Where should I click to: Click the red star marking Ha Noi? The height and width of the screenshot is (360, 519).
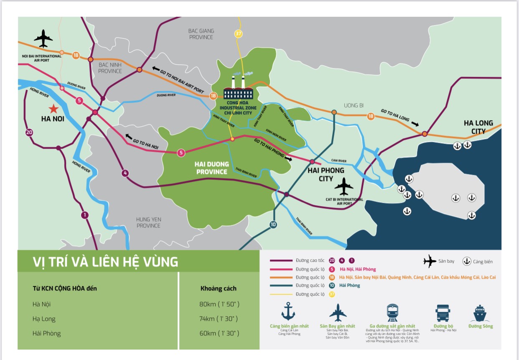pyautogui.click(x=53, y=109)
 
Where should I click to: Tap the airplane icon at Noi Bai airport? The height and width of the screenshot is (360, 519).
pyautogui.click(x=43, y=39)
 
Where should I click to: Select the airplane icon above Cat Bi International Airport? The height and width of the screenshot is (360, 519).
pyautogui.click(x=344, y=187)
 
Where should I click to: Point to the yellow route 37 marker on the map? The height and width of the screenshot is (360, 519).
pyautogui.click(x=238, y=34)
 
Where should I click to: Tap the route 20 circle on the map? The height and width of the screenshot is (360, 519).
pyautogui.click(x=29, y=133)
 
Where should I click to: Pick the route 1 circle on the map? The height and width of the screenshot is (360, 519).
pyautogui.click(x=85, y=215)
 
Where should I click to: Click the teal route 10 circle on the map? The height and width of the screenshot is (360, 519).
pyautogui.click(x=273, y=224)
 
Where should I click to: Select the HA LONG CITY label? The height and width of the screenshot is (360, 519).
pyautogui.click(x=478, y=127)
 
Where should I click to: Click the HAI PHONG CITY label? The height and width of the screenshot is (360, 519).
pyautogui.click(x=326, y=174)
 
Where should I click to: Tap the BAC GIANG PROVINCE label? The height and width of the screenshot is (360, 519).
pyautogui.click(x=201, y=34)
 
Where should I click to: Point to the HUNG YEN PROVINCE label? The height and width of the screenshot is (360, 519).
pyautogui.click(x=148, y=222)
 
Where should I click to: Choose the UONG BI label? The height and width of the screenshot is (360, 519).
pyautogui.click(x=354, y=105)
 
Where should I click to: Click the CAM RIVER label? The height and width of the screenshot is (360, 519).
pyautogui.click(x=339, y=161)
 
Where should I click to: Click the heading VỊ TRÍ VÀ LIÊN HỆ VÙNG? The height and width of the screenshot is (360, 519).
pyautogui.click(x=105, y=262)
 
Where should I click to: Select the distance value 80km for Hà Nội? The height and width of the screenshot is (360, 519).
pyautogui.click(x=219, y=304)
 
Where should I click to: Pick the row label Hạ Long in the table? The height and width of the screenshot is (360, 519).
pyautogui.click(x=44, y=319)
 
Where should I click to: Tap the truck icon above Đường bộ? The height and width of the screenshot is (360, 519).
pyautogui.click(x=443, y=313)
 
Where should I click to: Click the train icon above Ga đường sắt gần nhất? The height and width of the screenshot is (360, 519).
pyautogui.click(x=393, y=313)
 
